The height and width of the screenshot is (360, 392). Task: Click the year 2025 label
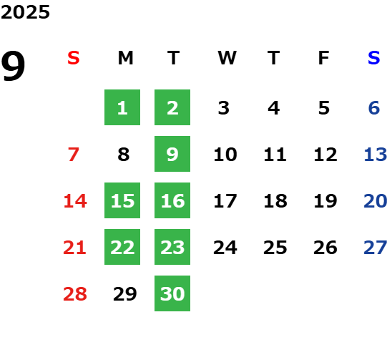coord(25,12)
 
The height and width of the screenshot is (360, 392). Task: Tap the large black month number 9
coord(13,66)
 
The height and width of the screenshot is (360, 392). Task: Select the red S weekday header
coord(74,58)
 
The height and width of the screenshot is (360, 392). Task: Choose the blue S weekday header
coord(374,58)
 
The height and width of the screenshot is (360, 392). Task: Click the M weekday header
coord(125,58)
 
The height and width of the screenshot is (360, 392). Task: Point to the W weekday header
coord(227,58)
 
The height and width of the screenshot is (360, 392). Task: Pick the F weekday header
coord(324,58)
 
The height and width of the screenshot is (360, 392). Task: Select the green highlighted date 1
coord(122,107)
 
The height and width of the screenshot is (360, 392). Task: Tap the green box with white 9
coord(172,154)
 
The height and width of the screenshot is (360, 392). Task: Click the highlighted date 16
coord(172,200)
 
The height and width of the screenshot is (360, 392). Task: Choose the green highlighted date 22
coord(122,247)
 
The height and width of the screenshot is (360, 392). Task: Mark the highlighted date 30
coord(172,293)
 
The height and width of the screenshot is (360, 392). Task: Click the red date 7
coord(74,155)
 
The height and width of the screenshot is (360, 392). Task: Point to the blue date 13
coord(376,155)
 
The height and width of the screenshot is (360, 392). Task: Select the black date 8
coord(124,155)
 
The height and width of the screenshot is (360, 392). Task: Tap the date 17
coord(225,201)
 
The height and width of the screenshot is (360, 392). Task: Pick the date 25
coord(275,248)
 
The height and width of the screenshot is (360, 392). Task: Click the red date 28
coord(75,294)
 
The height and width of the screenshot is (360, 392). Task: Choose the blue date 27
coord(376,248)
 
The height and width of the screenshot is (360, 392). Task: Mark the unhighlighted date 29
coord(125,294)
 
